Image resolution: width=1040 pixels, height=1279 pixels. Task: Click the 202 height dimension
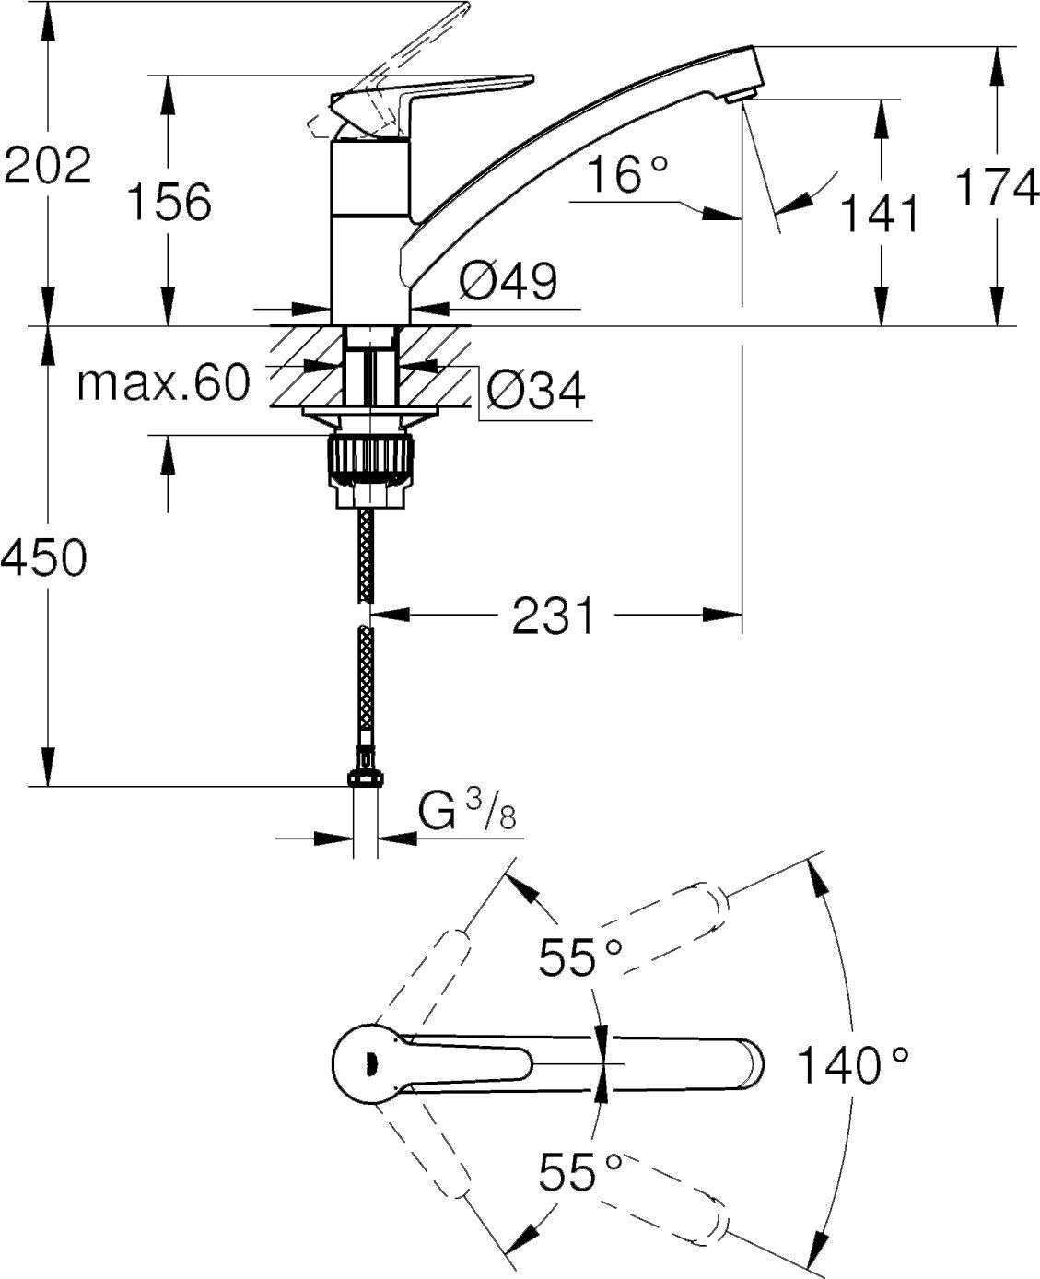47,166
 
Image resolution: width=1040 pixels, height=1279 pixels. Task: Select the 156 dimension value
169,200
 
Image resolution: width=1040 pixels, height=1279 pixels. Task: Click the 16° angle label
626,174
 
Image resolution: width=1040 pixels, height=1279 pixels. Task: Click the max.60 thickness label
163,382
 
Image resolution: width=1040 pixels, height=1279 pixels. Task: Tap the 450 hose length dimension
44,557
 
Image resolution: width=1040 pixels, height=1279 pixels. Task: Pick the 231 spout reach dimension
555,615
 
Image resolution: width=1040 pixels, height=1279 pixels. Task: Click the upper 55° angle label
581,956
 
